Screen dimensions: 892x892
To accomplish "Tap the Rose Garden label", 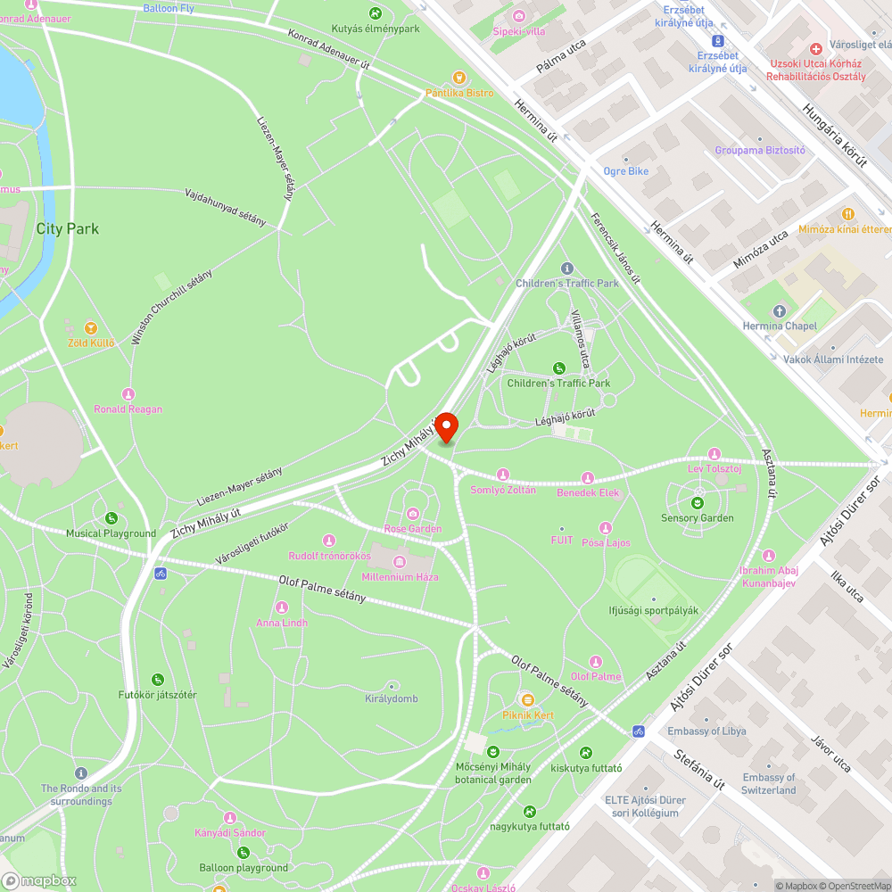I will tap(413, 529).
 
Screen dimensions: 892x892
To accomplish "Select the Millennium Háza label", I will tap(401, 577).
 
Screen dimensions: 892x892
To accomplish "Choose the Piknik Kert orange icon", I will tap(527, 700).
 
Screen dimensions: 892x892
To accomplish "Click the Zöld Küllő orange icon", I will tap(90, 328).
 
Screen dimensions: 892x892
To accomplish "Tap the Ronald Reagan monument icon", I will tap(128, 394).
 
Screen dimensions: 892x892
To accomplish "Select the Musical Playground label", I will tap(111, 533).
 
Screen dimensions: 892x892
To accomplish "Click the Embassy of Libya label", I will tap(706, 731).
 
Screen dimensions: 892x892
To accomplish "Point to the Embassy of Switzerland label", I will tap(768, 784).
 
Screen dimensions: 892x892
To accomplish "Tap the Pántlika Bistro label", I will tap(458, 93).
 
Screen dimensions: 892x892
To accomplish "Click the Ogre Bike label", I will tap(626, 170).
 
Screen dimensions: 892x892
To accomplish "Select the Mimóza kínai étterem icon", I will tap(847, 214).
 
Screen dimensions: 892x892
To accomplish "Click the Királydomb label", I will tap(392, 698).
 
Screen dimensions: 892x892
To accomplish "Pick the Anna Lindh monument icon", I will tap(282, 607).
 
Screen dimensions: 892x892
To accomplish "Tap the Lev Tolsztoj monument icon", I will tap(714, 454).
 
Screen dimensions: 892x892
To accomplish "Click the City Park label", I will tap(68, 228).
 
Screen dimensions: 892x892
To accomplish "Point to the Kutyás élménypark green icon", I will tap(376, 13).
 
